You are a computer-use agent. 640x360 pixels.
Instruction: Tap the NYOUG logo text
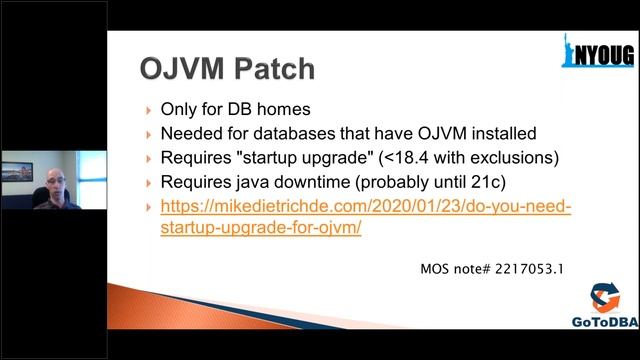606,56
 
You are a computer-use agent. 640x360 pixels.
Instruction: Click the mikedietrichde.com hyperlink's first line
365,207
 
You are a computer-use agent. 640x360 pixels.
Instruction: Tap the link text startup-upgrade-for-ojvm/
260,227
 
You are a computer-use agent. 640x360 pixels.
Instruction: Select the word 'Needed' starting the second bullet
192,133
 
